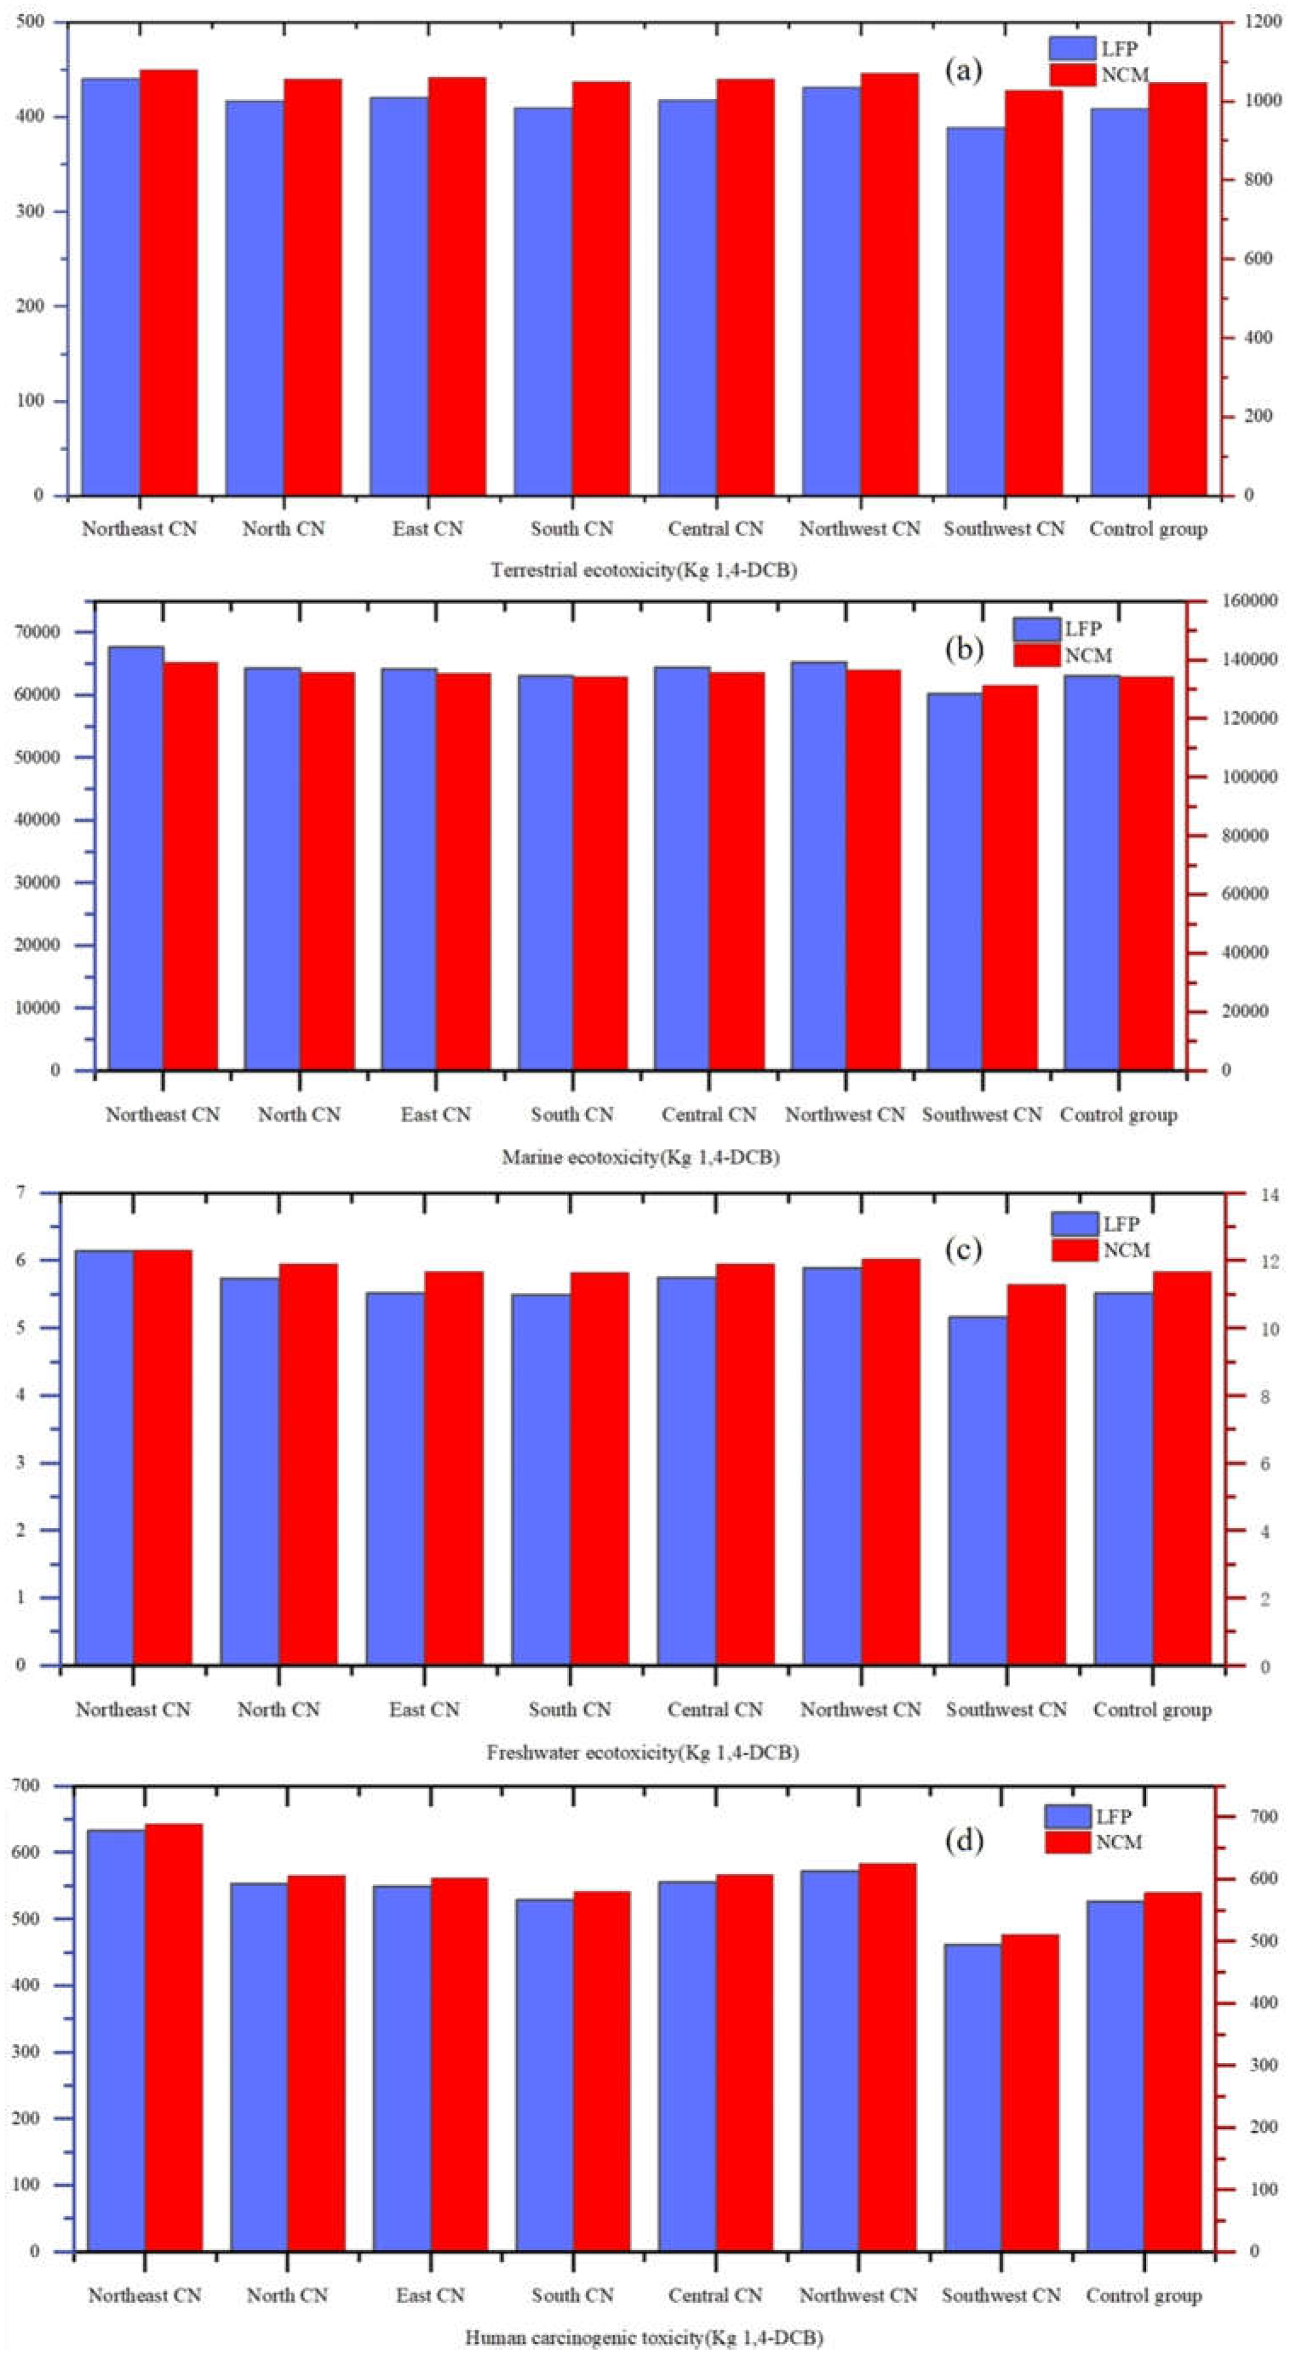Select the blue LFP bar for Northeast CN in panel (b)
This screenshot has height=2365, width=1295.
point(136,858)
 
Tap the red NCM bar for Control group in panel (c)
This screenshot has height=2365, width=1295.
point(1181,1469)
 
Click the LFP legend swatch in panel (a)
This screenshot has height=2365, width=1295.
point(1072,49)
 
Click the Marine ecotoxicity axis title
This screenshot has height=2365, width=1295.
point(641,1158)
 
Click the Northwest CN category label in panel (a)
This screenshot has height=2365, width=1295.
point(859,529)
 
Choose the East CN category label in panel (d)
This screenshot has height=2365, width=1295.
point(430,2295)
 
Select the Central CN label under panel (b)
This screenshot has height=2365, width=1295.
point(709,1115)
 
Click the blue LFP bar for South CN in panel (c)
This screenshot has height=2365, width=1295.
point(541,1480)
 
